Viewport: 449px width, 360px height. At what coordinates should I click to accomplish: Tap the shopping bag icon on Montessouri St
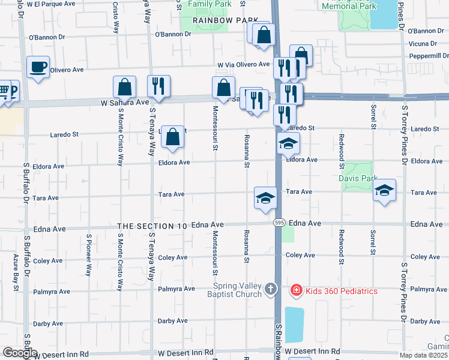point(223,88)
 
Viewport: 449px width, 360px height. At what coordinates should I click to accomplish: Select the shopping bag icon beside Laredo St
point(172,137)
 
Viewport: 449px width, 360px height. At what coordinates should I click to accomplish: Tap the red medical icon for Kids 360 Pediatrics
point(295,291)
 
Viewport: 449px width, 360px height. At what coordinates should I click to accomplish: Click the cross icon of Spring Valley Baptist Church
point(271,290)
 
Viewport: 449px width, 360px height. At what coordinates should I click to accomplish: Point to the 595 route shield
point(279,223)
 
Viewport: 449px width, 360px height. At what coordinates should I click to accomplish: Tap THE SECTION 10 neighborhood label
point(152,226)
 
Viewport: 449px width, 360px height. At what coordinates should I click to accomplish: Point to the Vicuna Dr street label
point(422,44)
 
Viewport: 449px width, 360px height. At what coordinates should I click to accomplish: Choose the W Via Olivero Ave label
point(244,64)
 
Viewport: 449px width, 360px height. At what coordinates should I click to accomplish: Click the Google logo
point(19,353)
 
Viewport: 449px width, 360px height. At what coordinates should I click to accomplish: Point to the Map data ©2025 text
point(423,355)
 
